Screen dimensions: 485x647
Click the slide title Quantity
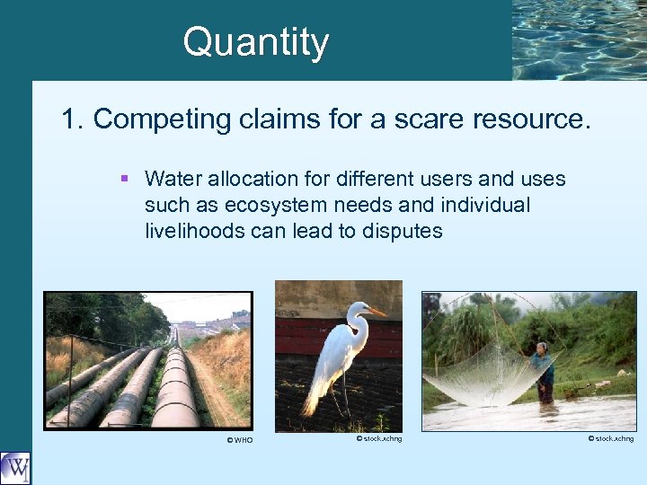click(256, 42)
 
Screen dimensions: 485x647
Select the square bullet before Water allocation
click(124, 179)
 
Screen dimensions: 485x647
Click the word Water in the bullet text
click(172, 179)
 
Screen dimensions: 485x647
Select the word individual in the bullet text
click(485, 205)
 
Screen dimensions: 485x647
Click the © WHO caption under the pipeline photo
click(240, 440)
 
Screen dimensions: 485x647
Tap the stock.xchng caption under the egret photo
click(378, 438)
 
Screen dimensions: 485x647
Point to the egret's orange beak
click(377, 313)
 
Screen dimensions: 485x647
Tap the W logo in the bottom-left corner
click(15, 468)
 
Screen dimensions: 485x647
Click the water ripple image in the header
click(579, 40)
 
